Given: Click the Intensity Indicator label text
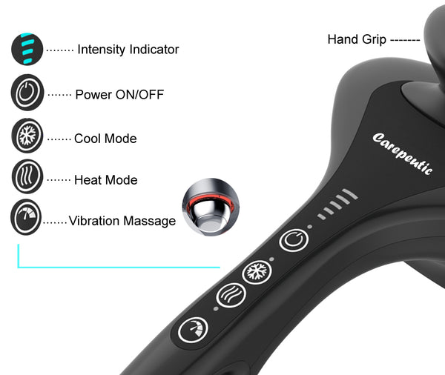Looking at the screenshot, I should (128, 50).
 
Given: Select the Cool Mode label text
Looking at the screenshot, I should (105, 139).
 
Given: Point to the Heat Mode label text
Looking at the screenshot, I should (106, 180).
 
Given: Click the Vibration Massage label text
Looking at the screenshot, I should (122, 221).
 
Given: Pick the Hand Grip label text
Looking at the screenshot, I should (357, 39).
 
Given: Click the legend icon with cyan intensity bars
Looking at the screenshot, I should (27, 50).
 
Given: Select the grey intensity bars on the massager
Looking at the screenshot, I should (337, 206).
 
